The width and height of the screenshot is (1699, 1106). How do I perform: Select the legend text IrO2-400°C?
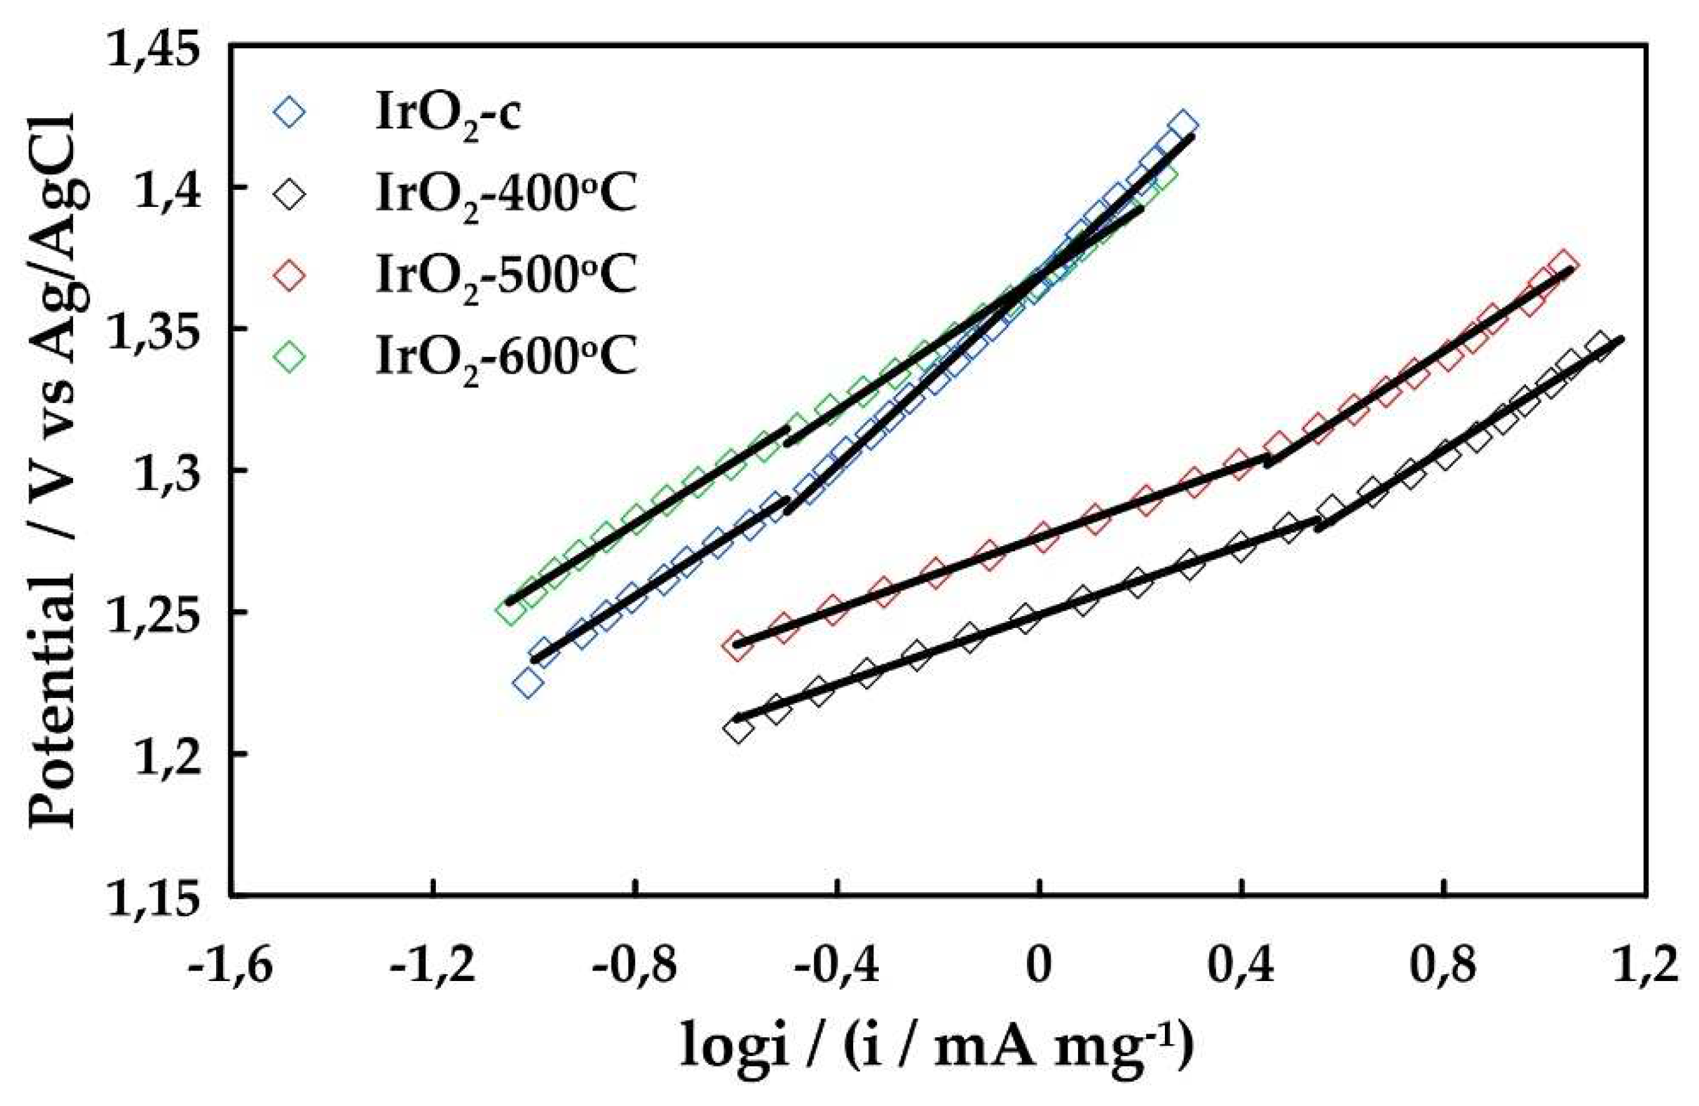(x=505, y=196)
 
